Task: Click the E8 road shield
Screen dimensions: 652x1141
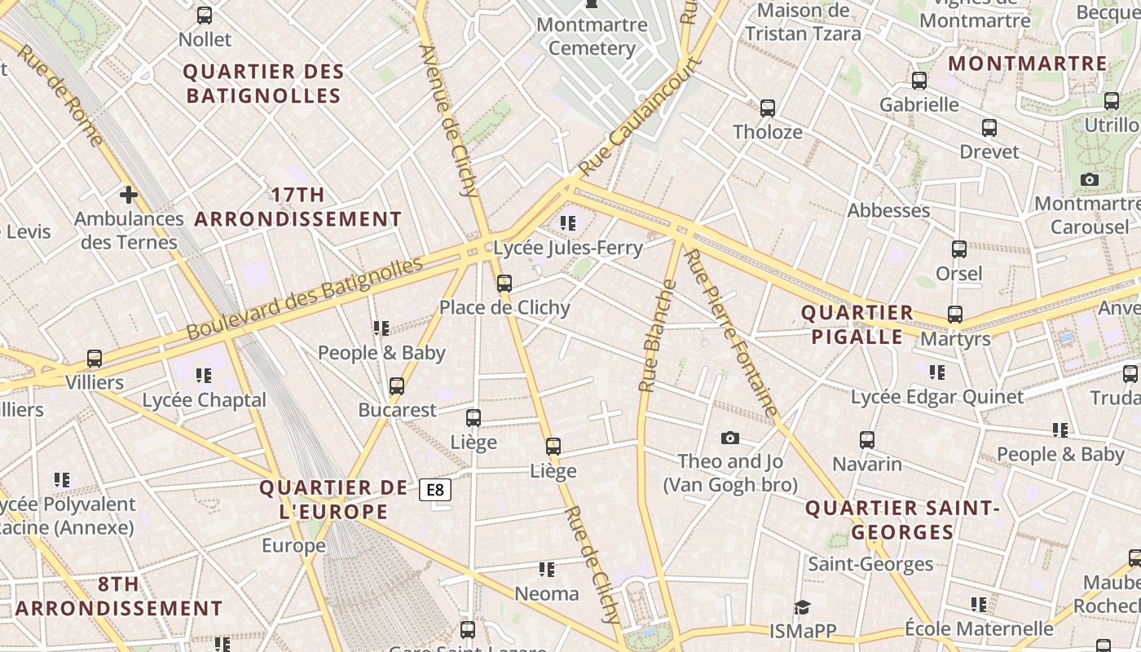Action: pos(436,490)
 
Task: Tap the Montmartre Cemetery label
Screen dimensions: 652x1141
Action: pos(592,36)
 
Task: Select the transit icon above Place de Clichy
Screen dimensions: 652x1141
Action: pos(504,284)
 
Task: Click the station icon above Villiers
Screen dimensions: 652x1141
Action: pos(95,359)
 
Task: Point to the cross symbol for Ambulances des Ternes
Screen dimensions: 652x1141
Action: pos(128,195)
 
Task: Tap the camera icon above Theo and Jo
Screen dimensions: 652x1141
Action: pos(730,438)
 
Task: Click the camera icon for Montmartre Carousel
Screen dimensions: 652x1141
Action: pos(1089,180)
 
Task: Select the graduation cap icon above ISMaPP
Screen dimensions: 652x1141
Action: pos(803,607)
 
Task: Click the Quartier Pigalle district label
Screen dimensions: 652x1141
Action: pos(857,324)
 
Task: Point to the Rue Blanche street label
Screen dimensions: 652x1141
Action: pos(658,335)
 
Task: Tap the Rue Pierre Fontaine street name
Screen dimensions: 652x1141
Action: pos(731,332)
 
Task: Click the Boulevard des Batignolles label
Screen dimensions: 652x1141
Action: pos(305,297)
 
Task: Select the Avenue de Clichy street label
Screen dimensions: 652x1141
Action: pos(448,121)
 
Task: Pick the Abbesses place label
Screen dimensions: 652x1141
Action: pos(888,210)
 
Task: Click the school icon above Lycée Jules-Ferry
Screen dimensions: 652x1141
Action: pos(568,222)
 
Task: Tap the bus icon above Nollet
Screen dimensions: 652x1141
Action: pos(205,15)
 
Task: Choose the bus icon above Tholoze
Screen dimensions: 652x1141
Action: pos(767,108)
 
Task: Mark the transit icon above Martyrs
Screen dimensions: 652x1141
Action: pos(954,314)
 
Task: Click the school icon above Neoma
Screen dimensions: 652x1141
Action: pos(546,569)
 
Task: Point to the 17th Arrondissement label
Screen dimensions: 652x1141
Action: pos(298,207)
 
